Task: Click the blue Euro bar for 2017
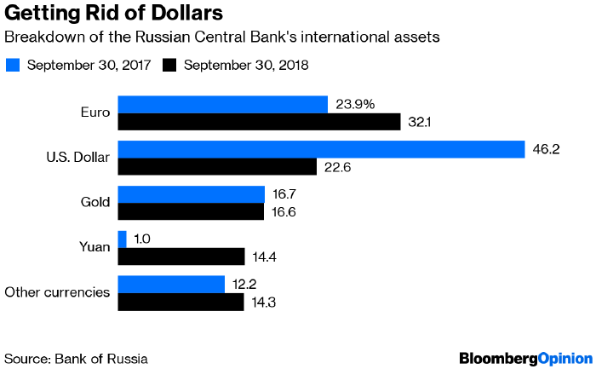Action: [222, 104]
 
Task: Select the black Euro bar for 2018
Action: [259, 122]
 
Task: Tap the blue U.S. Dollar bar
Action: [321, 149]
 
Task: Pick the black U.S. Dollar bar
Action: [217, 167]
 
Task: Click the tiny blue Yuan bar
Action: [122, 239]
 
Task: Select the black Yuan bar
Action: [181, 257]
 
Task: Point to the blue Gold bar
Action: [191, 194]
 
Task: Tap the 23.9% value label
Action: [355, 104]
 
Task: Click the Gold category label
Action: [95, 203]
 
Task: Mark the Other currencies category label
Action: [57, 292]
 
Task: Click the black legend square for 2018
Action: [169, 64]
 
